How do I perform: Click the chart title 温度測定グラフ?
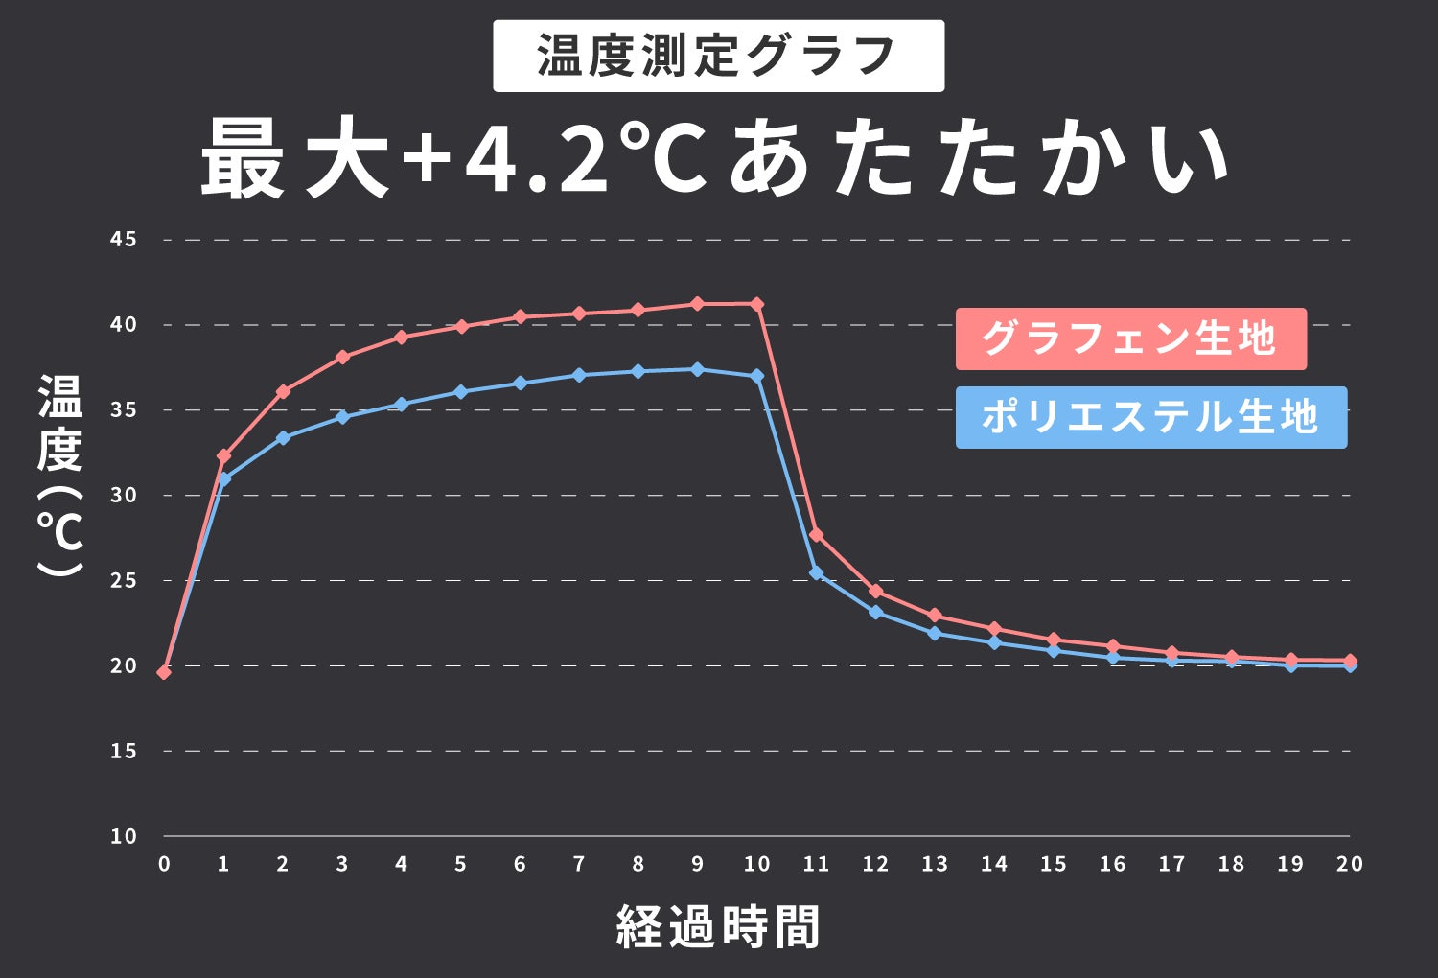718,56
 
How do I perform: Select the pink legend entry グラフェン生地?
1130,338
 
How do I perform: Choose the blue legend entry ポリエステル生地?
1150,417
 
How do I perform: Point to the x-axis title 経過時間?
718,926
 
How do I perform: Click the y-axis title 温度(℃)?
59,476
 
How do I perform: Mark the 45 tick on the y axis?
124,240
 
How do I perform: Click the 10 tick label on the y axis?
124,836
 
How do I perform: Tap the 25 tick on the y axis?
124,580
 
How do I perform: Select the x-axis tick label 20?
1349,864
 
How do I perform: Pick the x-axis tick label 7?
579,864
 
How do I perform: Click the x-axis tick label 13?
935,864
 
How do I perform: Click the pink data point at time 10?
757,304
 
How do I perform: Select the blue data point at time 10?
757,376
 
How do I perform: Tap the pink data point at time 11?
816,534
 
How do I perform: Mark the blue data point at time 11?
816,573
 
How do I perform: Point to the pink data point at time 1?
223,456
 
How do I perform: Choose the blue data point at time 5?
460,392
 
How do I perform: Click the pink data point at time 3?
342,357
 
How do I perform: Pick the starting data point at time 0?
164,672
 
